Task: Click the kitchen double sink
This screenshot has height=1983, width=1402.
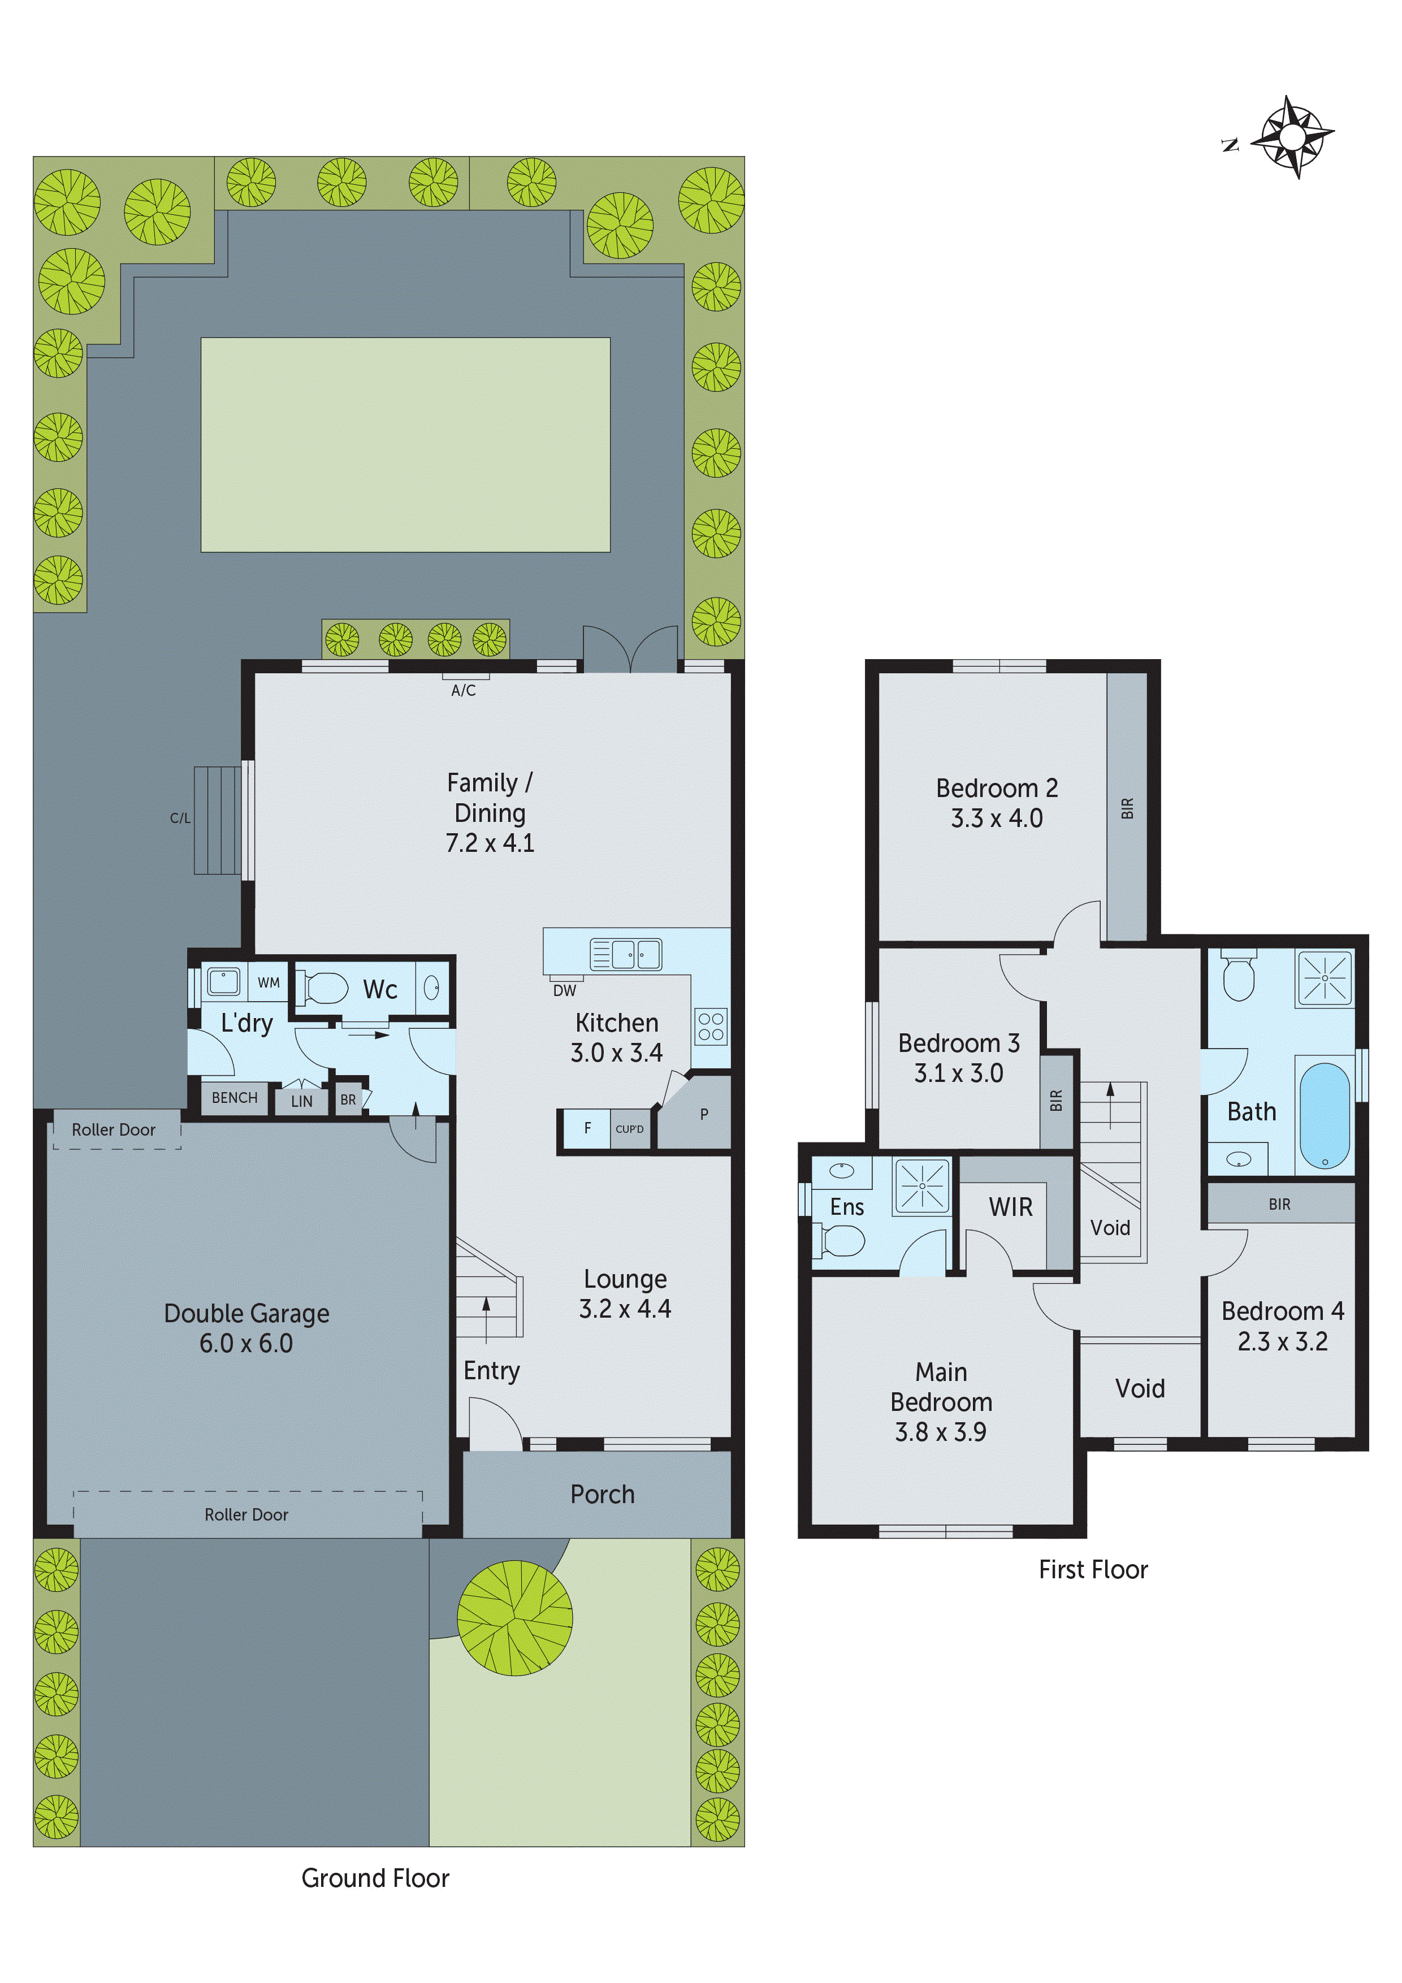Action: [x=626, y=954]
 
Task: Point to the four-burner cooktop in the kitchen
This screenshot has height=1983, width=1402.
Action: [x=711, y=1027]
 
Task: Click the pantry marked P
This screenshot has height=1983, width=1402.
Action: [x=703, y=1114]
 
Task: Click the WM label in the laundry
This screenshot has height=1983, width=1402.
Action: [x=269, y=983]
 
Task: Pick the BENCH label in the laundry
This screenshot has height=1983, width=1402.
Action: [x=234, y=1098]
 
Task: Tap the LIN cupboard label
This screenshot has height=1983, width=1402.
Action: [x=301, y=1101]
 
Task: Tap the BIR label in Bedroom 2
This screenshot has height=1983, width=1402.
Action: [x=1127, y=808]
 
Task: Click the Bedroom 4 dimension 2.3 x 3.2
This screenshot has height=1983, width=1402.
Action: [x=1282, y=1341]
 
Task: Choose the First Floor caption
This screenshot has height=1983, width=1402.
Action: [x=1093, y=1569]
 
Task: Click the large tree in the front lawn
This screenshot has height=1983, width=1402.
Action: [x=515, y=1618]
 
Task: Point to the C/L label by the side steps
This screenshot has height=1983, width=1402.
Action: [x=180, y=818]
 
